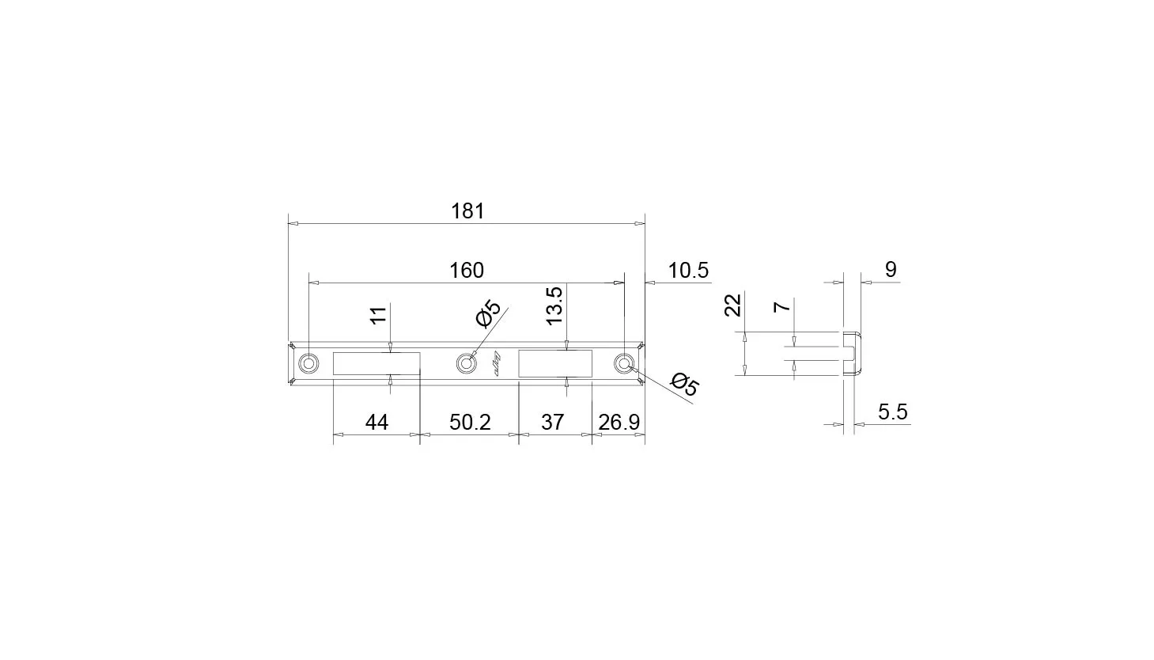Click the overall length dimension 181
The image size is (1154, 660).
click(467, 211)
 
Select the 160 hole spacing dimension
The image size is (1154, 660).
click(467, 271)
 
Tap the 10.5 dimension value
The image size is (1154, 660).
click(688, 271)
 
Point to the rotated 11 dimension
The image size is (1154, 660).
click(379, 315)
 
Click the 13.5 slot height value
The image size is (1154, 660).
click(554, 305)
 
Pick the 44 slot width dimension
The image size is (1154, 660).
click(376, 423)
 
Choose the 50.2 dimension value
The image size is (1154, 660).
click(470, 423)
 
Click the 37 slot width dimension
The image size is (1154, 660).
click(552, 423)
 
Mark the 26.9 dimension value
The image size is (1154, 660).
click(619, 423)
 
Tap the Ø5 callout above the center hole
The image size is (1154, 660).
click(488, 313)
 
